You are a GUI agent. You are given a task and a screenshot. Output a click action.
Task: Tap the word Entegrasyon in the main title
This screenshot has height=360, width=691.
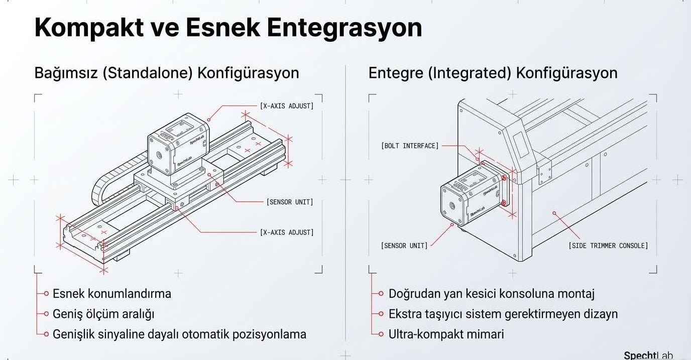pyautogui.click(x=344, y=28)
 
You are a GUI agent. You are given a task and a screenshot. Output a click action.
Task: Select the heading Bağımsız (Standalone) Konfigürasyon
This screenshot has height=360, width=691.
pyautogui.click(x=167, y=73)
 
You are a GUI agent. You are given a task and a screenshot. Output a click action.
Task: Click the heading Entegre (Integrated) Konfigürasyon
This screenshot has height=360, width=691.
pyautogui.click(x=493, y=73)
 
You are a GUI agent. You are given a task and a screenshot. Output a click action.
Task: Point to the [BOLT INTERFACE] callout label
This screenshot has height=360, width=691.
pyautogui.click(x=410, y=146)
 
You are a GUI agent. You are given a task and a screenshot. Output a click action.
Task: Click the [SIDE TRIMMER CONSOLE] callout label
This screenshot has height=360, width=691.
pyautogui.click(x=608, y=246)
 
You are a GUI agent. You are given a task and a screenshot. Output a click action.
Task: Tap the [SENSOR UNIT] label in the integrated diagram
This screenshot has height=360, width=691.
pyautogui.click(x=404, y=246)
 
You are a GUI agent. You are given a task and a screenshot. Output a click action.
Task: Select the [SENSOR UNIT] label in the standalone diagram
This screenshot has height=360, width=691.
pyautogui.click(x=290, y=202)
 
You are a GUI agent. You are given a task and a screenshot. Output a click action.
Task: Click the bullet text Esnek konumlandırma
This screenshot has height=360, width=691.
pyautogui.click(x=112, y=293)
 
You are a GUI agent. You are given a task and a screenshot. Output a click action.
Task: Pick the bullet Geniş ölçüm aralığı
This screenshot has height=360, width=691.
pyautogui.click(x=103, y=314)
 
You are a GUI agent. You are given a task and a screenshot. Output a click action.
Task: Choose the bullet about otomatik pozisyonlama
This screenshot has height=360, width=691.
pyautogui.click(x=179, y=334)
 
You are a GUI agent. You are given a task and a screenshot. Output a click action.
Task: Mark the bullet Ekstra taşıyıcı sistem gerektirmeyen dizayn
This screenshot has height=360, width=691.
pyautogui.click(x=503, y=314)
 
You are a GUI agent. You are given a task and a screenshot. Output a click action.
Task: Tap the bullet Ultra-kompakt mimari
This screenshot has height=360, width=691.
pyautogui.click(x=446, y=334)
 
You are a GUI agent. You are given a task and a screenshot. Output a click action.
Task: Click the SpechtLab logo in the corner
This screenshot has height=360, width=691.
pyautogui.click(x=648, y=355)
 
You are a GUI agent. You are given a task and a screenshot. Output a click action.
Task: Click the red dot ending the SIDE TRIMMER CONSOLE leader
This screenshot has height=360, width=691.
pyautogui.click(x=554, y=213)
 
